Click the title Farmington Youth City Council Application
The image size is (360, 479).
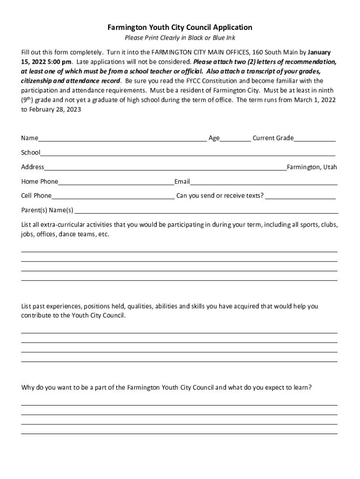coord(180,28)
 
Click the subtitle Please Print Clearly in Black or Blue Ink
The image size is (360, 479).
coord(180,38)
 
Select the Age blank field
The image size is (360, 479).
coord(235,139)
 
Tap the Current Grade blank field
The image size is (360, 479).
coord(315,139)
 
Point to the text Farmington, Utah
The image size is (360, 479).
coord(312,167)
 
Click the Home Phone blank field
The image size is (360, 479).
coord(116,182)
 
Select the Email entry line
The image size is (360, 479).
coord(264,182)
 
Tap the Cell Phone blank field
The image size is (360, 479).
coord(113,197)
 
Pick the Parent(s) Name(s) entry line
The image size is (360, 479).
coord(206,211)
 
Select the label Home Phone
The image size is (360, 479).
coord(40,181)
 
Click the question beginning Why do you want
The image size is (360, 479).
coord(166,388)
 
